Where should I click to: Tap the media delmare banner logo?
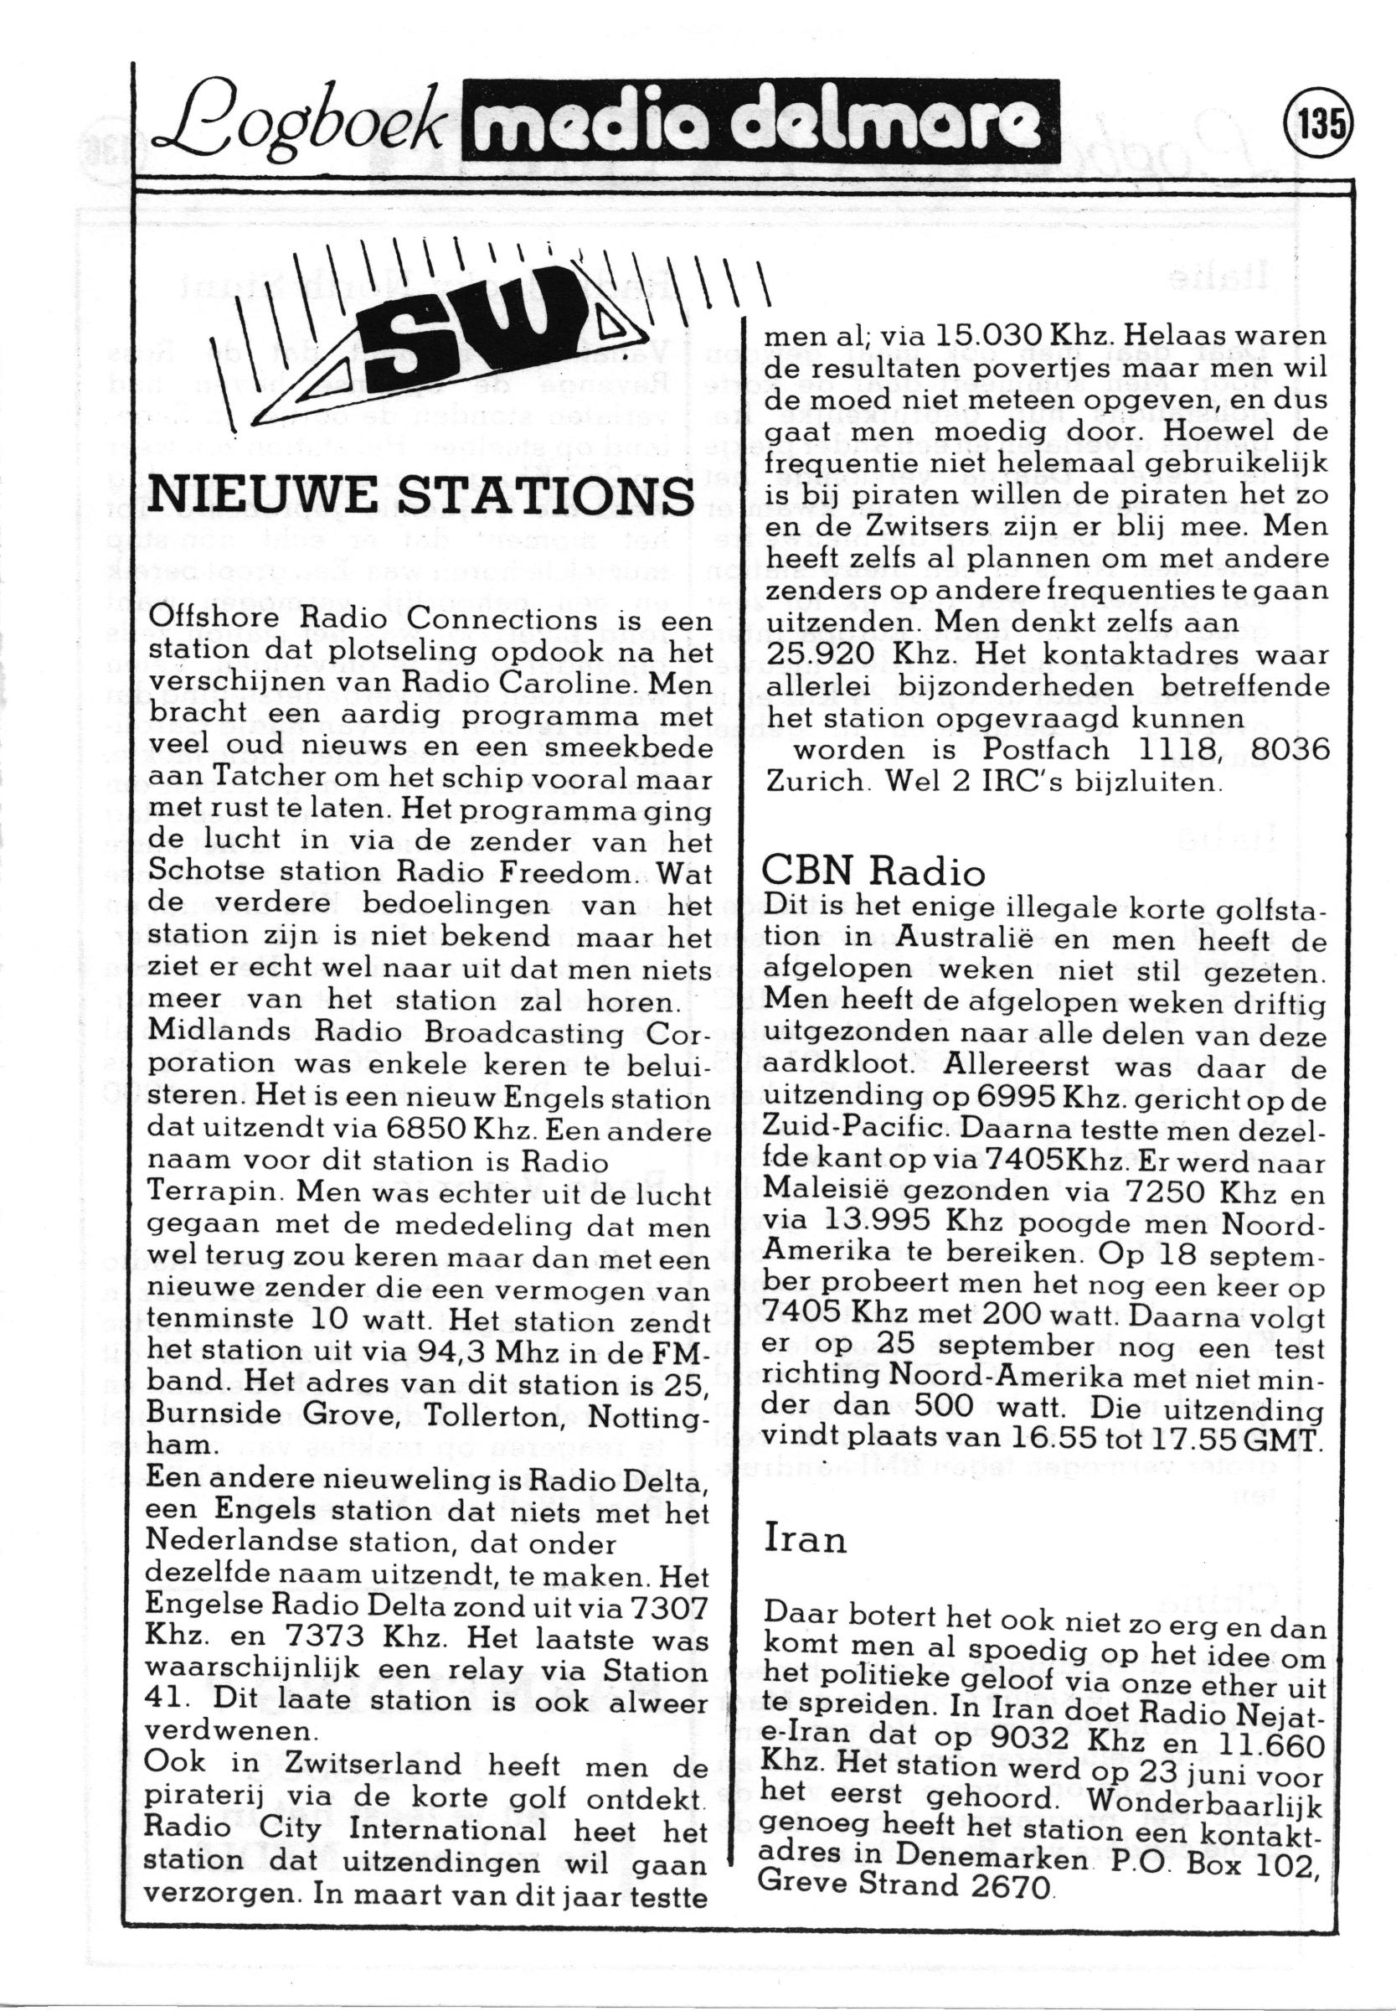(x=760, y=121)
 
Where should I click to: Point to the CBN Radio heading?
(x=874, y=871)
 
